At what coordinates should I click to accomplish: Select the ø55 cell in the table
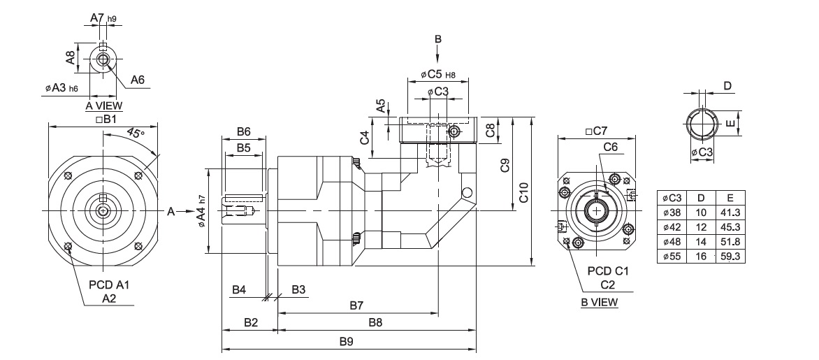[x=674, y=257]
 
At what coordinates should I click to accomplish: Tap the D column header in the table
[x=702, y=198]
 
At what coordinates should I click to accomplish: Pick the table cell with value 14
[x=702, y=242]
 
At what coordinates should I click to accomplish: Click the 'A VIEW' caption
[x=103, y=106]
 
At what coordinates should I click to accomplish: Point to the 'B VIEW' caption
[x=599, y=302]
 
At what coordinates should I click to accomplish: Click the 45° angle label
[x=136, y=134]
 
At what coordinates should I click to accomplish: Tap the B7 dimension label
[x=356, y=305]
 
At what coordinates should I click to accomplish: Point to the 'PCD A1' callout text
[x=109, y=285]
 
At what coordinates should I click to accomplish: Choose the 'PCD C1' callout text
[x=607, y=271]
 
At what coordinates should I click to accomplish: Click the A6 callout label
[x=137, y=80]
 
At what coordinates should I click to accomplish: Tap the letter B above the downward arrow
[x=438, y=38]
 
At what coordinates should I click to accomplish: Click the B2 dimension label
[x=251, y=323]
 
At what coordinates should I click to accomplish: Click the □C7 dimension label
[x=596, y=131]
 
